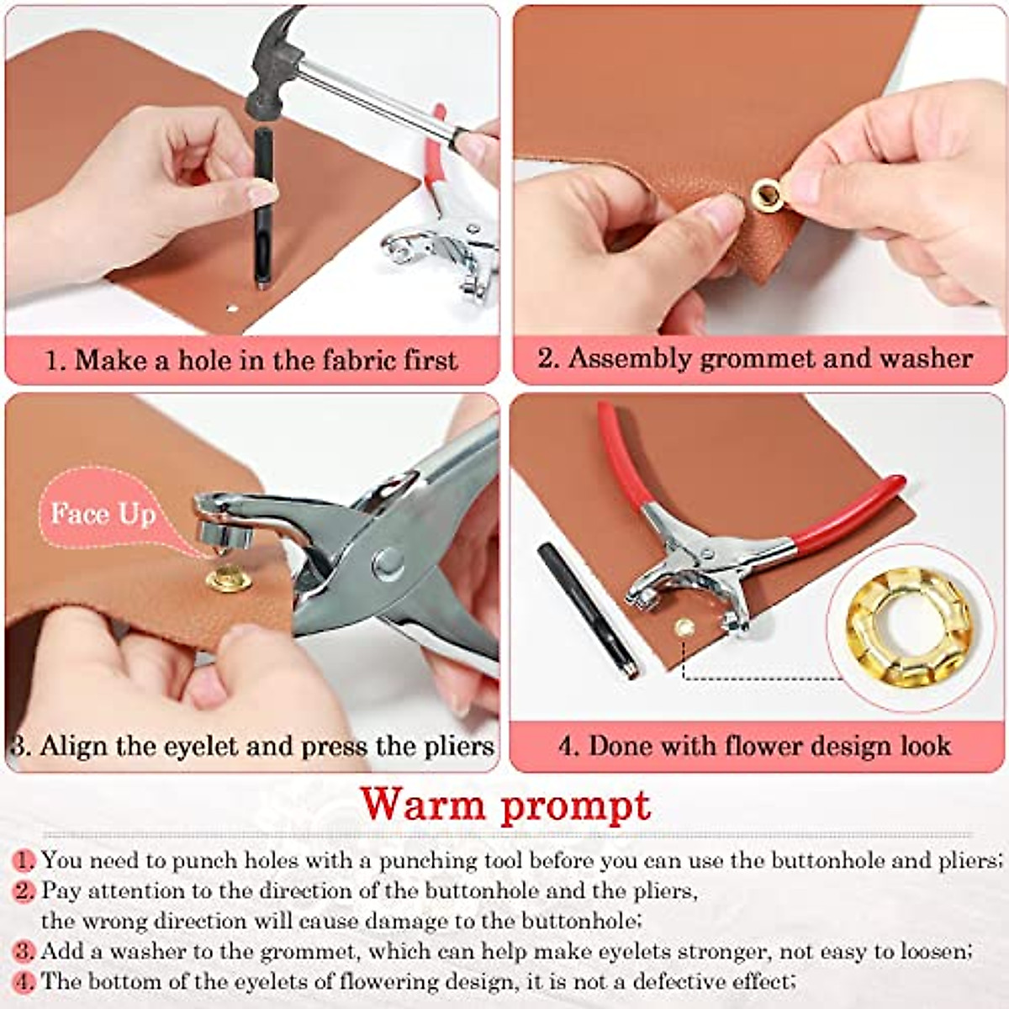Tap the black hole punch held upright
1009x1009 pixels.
pyautogui.click(x=264, y=210)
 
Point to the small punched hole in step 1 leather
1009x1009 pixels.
pyautogui.click(x=229, y=310)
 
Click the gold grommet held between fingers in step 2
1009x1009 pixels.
pyautogui.click(x=765, y=193)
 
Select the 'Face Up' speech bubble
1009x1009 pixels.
pyautogui.click(x=103, y=514)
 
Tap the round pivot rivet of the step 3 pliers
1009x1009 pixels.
pyautogui.click(x=388, y=561)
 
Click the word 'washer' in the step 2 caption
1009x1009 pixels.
pyautogui.click(x=925, y=358)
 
